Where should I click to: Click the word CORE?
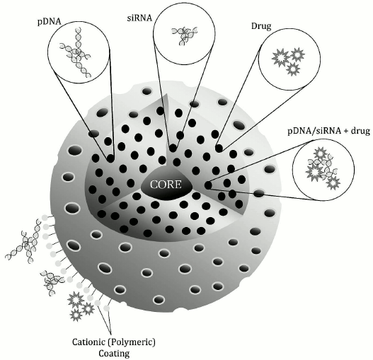(168, 186)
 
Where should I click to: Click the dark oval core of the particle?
(169, 187)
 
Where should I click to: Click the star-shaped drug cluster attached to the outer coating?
(81, 305)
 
